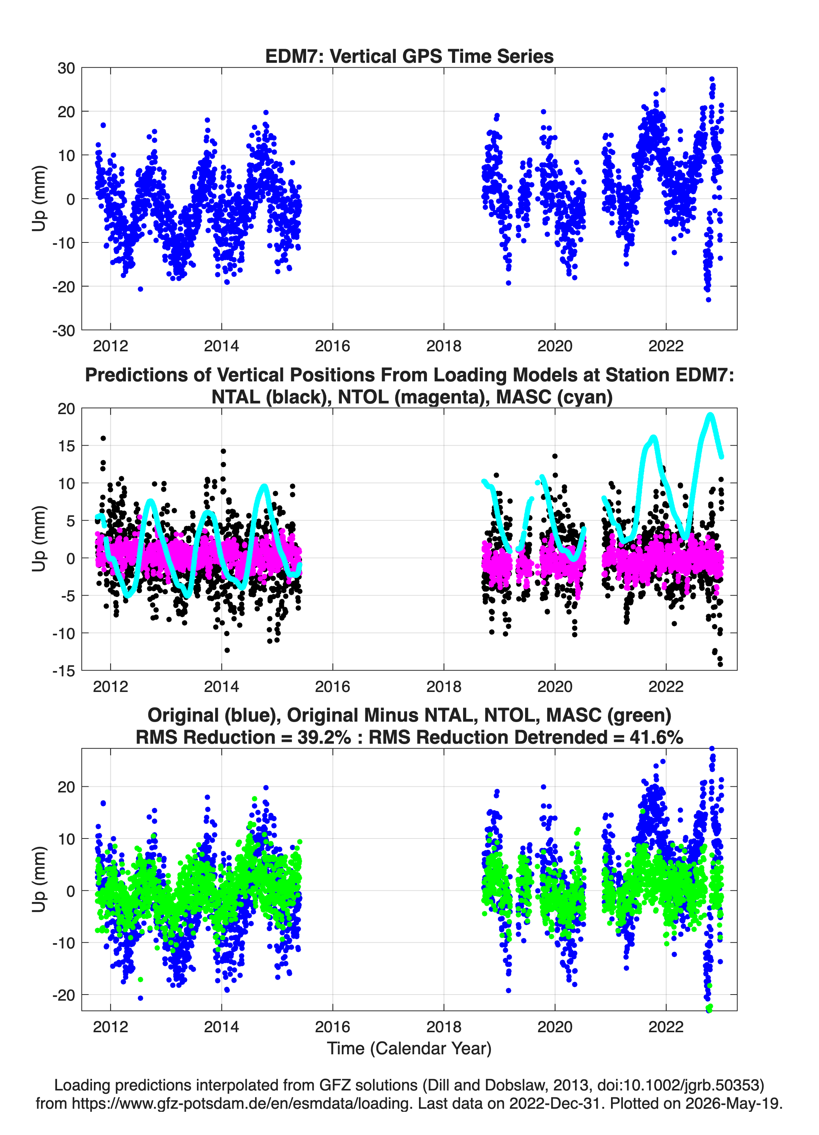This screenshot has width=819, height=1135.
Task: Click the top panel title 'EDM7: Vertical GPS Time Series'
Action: coord(409,56)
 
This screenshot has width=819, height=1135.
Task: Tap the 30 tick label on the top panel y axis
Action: coord(66,68)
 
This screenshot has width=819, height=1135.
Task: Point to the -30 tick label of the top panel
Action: coord(63,331)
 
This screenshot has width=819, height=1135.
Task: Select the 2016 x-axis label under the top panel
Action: coord(332,346)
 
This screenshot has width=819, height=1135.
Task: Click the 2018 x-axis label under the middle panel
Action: coord(443,686)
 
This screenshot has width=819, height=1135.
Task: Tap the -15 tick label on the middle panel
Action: coord(63,671)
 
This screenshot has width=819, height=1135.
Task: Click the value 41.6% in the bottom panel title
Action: coord(657,737)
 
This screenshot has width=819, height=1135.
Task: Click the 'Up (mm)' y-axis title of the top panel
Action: coord(39,199)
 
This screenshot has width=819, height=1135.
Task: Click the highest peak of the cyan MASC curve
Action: coord(710,415)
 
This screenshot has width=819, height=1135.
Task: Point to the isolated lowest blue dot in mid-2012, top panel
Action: coord(141,289)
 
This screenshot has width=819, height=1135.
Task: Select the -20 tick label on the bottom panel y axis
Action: coord(63,995)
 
